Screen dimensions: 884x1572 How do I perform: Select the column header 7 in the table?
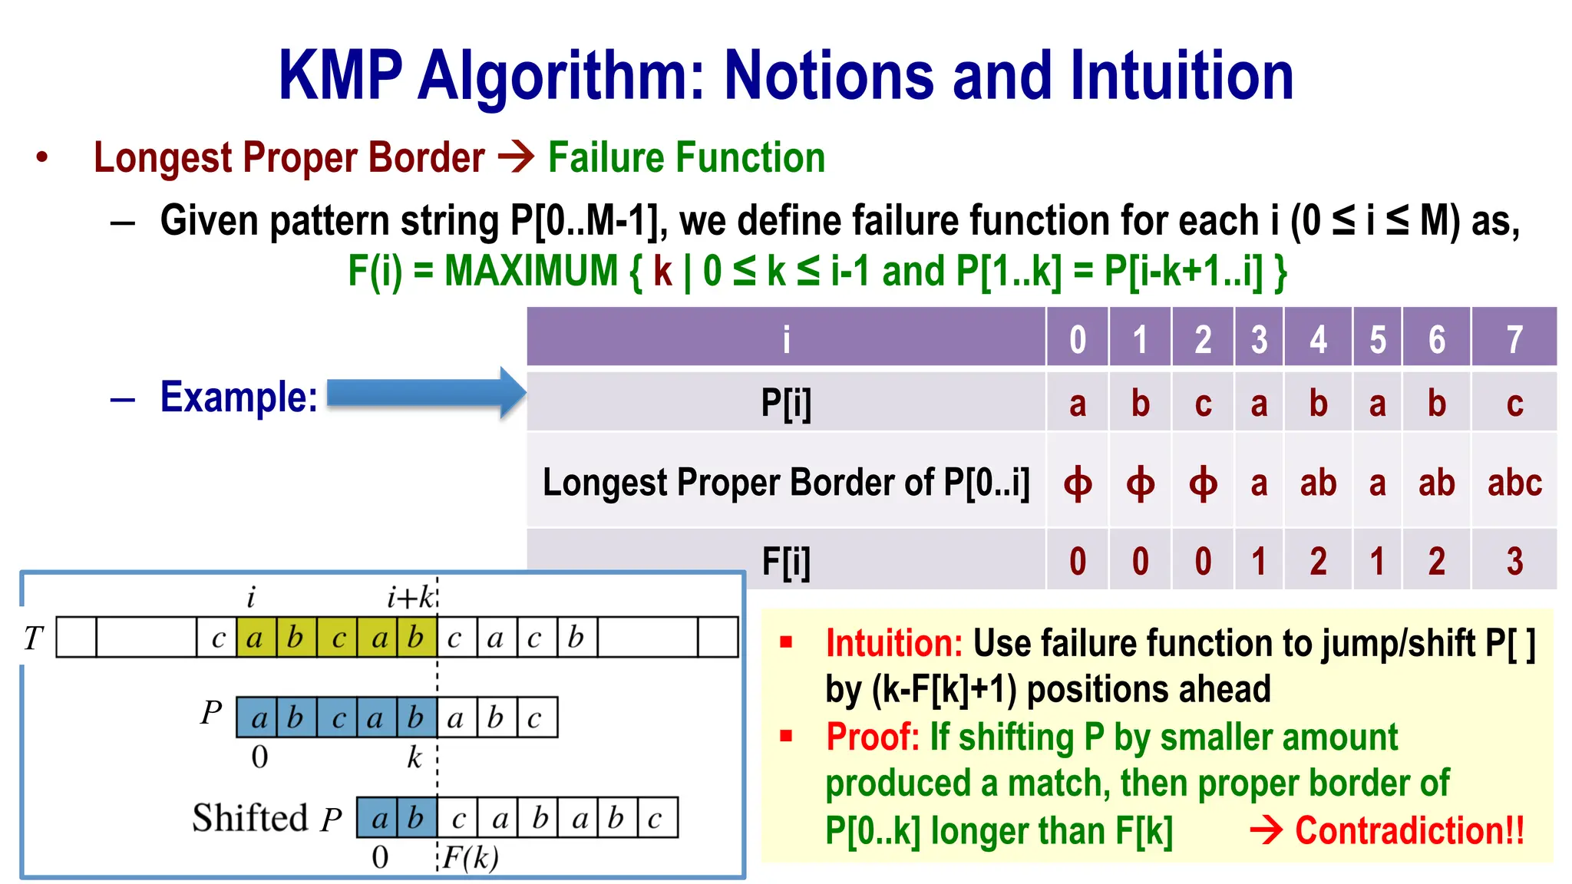[x=1514, y=339]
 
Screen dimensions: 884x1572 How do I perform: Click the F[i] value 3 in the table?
[x=1514, y=561]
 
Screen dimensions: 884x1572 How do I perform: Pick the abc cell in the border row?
[x=1514, y=483]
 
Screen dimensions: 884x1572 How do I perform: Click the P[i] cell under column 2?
[x=1202, y=403]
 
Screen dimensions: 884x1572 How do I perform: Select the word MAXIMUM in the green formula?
[x=530, y=271]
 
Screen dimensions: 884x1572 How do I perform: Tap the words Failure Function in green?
[x=686, y=158]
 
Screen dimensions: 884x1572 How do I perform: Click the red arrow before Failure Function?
[x=516, y=157]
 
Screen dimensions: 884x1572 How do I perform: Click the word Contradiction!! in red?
[x=1409, y=830]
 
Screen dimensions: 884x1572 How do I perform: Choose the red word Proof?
[x=872, y=737]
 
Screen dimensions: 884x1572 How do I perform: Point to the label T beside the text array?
[x=34, y=638]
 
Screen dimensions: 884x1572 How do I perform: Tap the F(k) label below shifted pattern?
[x=471, y=857]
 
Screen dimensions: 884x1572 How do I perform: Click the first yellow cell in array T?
[x=256, y=638]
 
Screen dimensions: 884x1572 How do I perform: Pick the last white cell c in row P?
[x=536, y=717]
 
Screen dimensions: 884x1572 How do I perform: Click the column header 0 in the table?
[x=1077, y=339]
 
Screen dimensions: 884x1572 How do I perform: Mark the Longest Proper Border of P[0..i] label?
[x=785, y=483]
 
